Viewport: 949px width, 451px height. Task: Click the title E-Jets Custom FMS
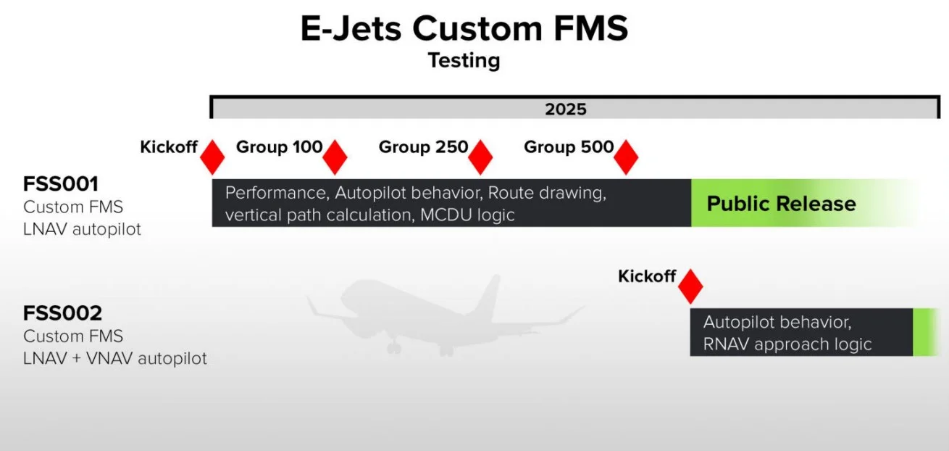tap(464, 28)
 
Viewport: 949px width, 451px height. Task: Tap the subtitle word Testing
tap(464, 60)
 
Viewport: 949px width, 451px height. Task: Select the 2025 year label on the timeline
tap(566, 109)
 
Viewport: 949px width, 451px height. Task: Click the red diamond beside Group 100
tap(335, 157)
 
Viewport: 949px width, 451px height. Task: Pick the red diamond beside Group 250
tap(480, 157)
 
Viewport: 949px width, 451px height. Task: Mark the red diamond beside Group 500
tap(626, 157)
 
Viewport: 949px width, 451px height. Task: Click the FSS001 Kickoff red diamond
tap(212, 157)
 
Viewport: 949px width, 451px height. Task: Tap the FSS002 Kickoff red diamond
tap(690, 286)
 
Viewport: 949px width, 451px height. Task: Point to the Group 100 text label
tap(279, 146)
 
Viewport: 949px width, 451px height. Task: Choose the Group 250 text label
tap(423, 146)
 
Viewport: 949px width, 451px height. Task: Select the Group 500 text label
tap(569, 146)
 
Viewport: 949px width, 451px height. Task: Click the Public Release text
tap(781, 204)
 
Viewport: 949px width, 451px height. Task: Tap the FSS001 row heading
tap(61, 184)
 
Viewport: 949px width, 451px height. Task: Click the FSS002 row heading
tap(62, 313)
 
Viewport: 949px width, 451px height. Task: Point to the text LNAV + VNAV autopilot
tap(114, 358)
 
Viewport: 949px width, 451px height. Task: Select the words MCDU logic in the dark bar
tap(467, 215)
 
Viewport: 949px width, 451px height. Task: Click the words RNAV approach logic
tap(787, 344)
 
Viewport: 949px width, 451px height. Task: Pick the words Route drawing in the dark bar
tap(547, 193)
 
